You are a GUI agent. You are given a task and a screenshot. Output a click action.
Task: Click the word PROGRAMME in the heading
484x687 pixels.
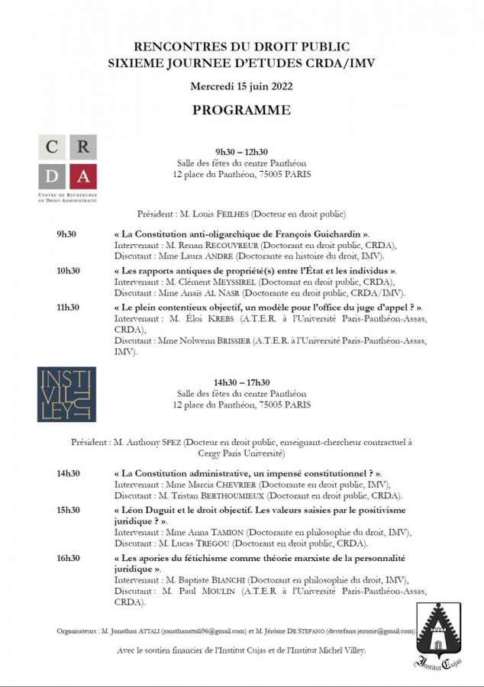241,110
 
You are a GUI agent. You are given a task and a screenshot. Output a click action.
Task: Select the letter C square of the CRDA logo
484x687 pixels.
52,147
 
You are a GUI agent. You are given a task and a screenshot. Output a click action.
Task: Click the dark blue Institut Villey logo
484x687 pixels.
66,395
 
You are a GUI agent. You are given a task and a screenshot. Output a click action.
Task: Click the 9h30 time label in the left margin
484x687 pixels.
67,234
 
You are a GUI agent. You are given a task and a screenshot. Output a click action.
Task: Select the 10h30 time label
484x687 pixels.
68,271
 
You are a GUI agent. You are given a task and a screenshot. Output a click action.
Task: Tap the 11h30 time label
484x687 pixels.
68,308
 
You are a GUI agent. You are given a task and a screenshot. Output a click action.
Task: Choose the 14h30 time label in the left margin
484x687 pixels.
68,473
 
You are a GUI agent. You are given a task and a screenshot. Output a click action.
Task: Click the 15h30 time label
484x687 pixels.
68,510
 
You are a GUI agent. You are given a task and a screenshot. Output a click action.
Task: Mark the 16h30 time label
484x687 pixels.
68,559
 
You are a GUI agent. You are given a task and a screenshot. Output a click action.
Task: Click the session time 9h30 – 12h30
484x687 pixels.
241,152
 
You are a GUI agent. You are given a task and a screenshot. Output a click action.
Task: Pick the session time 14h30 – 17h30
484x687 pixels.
241,382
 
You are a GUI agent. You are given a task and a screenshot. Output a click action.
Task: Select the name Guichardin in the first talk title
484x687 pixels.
339,234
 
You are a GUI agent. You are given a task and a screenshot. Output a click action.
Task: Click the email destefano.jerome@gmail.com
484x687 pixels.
371,631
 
